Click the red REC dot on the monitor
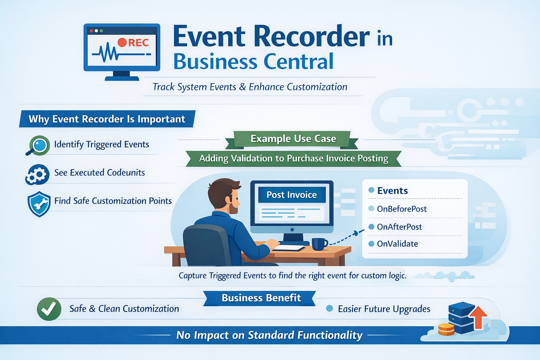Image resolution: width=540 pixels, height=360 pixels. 122,43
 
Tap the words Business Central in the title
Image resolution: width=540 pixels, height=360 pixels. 253,62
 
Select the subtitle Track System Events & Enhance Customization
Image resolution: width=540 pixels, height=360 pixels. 250,87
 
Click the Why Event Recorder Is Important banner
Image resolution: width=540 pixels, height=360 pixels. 107,119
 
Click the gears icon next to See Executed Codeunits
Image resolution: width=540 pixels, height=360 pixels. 37,174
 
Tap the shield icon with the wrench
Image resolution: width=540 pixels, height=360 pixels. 39,204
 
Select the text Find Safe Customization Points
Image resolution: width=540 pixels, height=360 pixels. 113,201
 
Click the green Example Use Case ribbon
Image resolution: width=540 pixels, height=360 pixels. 293,139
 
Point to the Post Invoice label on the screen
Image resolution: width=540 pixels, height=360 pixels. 291,195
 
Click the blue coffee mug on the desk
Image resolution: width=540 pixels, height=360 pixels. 319,244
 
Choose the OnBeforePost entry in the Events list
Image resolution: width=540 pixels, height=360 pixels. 401,209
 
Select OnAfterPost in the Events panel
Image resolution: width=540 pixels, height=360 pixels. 399,227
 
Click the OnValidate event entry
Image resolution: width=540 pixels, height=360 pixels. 397,244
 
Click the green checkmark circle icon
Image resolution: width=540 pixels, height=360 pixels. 49,309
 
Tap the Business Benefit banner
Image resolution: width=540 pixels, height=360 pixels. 261,298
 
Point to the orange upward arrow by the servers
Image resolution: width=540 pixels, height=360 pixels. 478,316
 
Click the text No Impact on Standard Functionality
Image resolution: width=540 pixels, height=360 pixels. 269,335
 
